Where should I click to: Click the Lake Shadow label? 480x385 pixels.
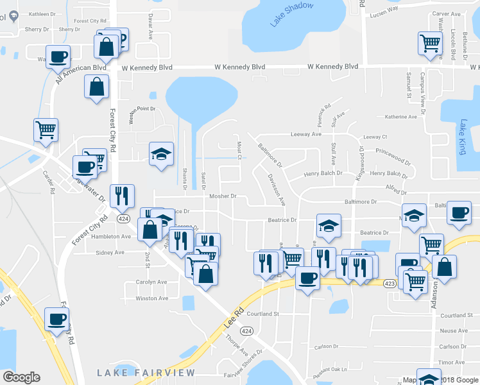(x=292, y=14)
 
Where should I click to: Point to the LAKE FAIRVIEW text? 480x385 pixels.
(x=137, y=373)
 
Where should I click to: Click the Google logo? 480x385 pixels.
(x=21, y=377)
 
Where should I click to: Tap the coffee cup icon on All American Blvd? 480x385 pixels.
(x=58, y=56)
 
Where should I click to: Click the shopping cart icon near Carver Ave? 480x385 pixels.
(x=430, y=44)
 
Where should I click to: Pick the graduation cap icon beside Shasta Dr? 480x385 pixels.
(x=161, y=154)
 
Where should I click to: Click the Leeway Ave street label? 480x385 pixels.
(x=306, y=134)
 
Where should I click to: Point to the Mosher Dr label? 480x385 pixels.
(x=223, y=196)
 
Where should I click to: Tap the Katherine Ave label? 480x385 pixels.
(x=401, y=117)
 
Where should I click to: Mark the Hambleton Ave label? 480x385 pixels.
(x=112, y=236)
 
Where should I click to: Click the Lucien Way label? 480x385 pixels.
(x=384, y=10)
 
